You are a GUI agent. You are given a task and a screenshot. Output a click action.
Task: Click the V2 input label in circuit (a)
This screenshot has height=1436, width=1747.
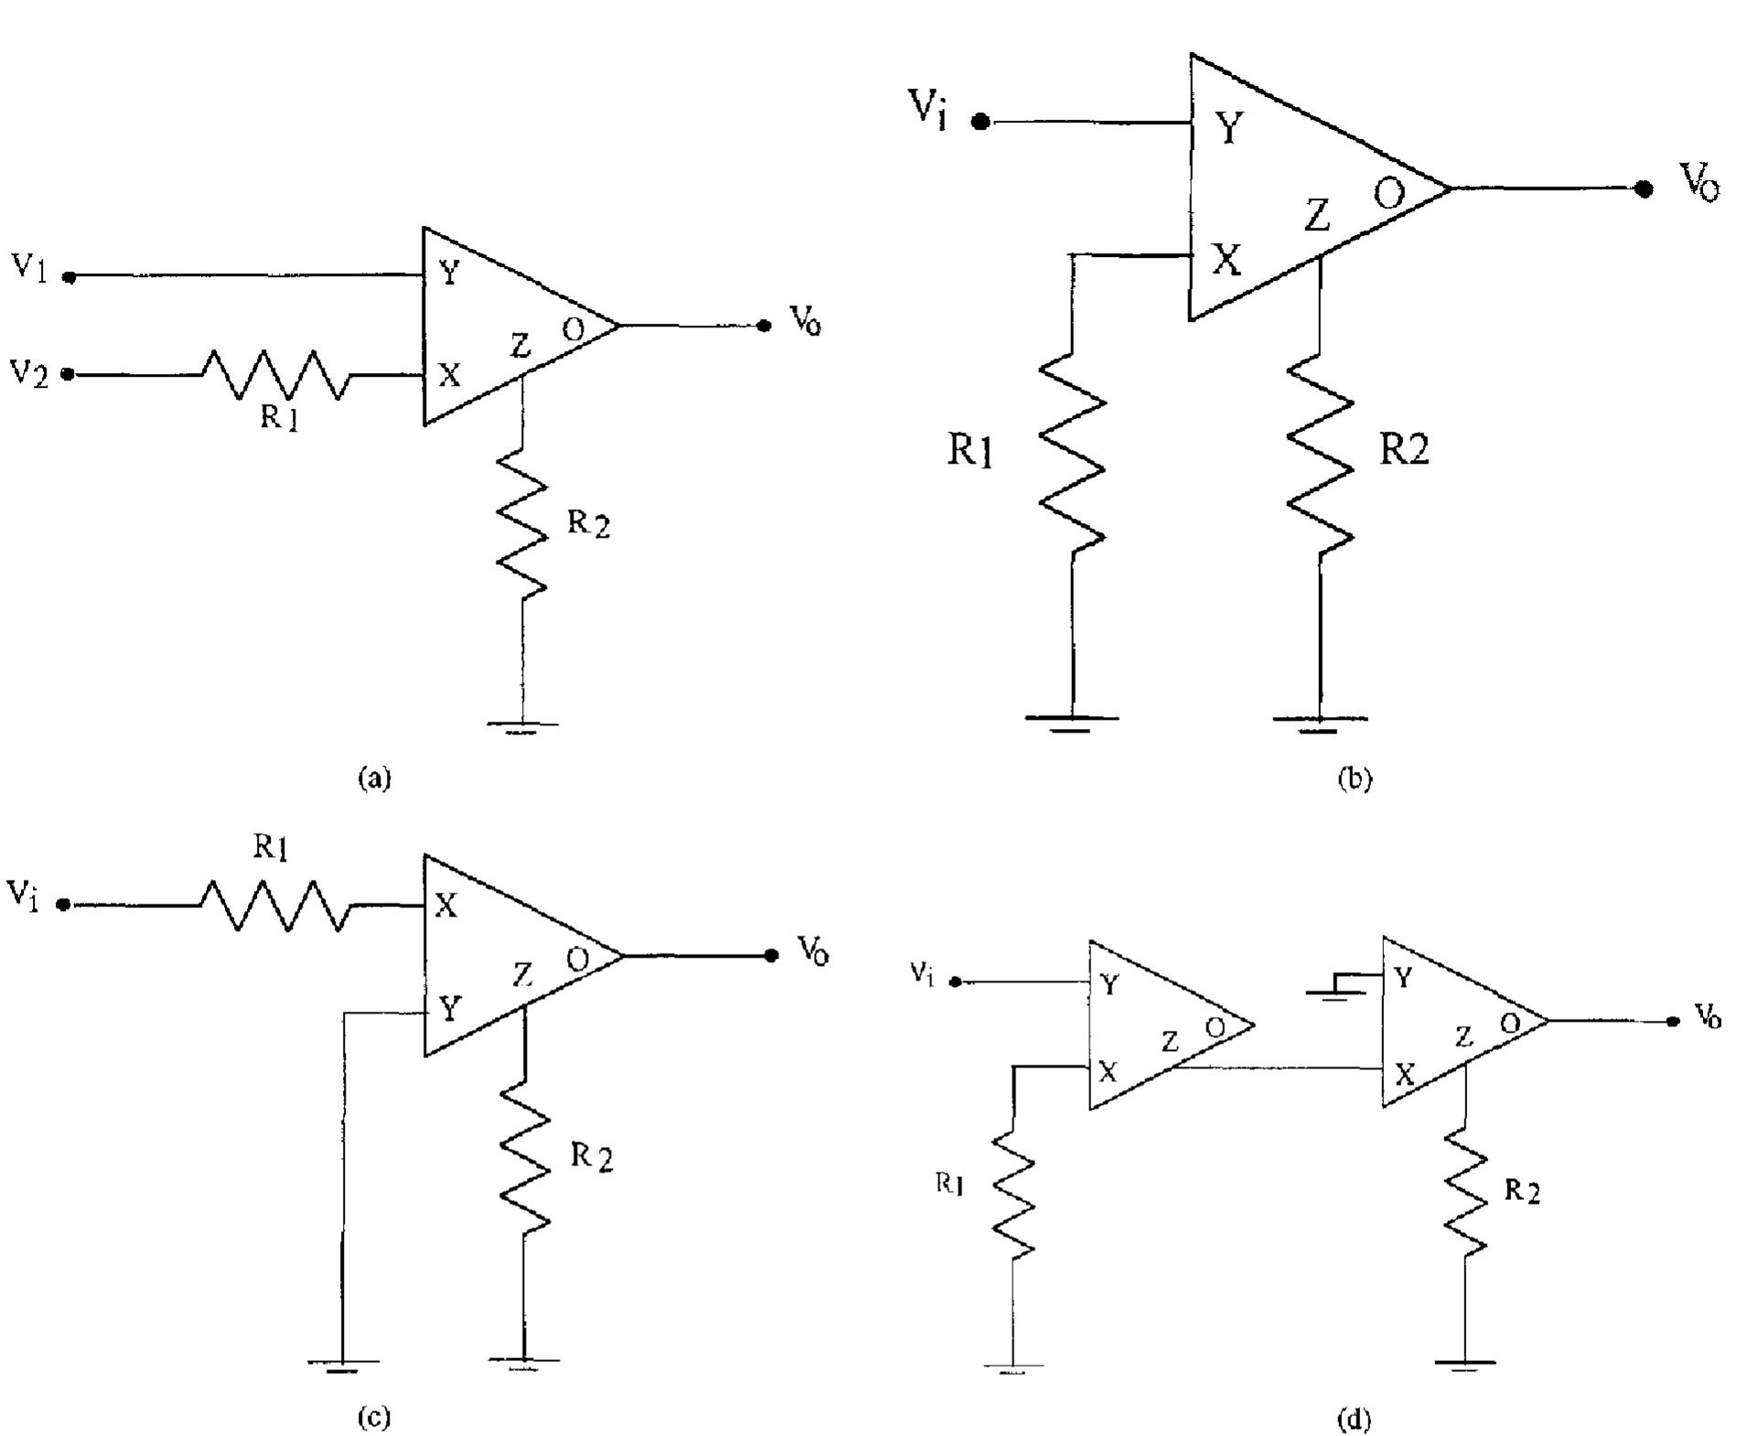(29, 373)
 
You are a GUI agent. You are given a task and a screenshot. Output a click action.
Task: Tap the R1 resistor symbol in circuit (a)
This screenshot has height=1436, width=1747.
(274, 374)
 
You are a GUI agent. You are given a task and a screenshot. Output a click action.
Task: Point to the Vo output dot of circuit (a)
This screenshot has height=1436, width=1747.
(765, 326)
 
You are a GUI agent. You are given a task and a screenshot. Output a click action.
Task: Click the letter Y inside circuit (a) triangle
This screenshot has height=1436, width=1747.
(449, 273)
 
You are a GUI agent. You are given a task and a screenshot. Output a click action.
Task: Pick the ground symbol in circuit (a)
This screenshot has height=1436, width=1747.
(522, 727)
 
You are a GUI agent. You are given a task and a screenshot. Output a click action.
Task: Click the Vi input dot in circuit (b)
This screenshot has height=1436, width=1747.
(981, 122)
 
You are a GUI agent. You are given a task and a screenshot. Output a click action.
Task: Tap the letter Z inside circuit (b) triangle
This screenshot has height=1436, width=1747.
(1316, 216)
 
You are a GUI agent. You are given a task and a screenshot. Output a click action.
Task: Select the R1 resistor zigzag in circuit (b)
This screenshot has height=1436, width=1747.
(1072, 453)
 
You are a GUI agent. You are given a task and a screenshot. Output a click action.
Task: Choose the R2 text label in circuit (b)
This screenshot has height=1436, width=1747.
(1403, 448)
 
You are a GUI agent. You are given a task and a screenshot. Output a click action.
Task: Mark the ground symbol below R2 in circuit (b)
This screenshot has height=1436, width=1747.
(1318, 723)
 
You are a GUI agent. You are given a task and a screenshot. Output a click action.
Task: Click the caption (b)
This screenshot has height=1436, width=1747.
(1354, 778)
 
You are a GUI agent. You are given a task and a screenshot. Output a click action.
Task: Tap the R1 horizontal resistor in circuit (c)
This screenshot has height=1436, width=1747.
(274, 906)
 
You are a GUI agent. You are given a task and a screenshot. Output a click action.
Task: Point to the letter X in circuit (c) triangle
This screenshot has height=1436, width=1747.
(445, 906)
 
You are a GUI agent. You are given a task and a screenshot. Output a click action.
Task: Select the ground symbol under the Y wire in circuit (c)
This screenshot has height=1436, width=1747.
(342, 1365)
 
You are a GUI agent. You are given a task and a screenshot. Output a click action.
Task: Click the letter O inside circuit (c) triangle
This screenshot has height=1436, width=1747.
(577, 960)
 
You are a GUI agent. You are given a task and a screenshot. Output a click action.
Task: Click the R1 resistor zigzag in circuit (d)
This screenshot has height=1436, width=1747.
(1013, 1194)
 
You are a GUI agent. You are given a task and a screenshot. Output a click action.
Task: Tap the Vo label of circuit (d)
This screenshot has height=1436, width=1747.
(1707, 1015)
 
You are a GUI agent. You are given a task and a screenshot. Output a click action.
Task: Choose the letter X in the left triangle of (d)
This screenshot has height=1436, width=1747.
(1108, 1071)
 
